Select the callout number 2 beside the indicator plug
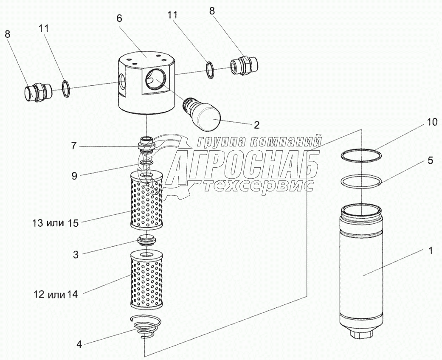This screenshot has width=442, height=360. pos(256,125)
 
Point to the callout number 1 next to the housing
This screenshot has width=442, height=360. pos(430,251)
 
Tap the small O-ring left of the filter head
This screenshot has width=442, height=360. pos(66,88)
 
